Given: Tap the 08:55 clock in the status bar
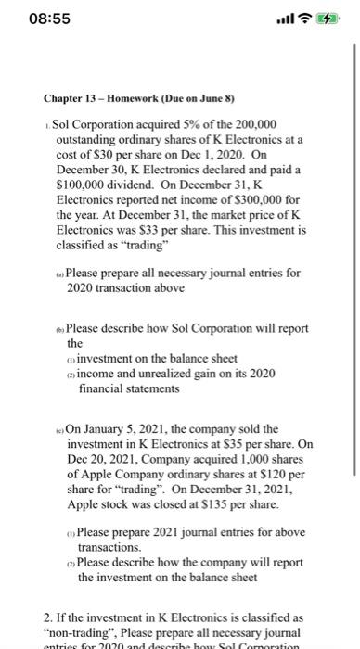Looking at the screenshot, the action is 34,19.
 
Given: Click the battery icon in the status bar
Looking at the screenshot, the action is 327,19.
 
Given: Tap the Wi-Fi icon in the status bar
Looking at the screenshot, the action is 303,19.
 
